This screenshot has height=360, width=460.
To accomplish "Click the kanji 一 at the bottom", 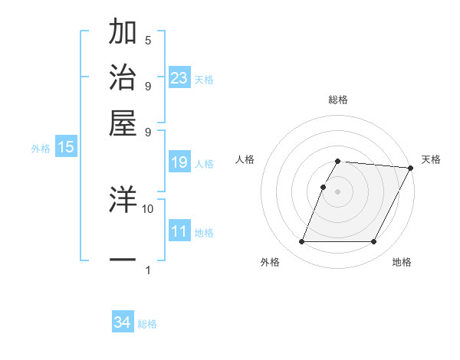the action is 123,260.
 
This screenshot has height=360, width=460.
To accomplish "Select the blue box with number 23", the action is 179,77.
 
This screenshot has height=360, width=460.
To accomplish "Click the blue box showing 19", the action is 179,162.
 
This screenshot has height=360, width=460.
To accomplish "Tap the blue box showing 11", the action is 179,231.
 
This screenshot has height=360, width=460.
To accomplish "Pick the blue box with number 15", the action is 66,147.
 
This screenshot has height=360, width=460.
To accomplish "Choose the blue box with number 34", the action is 123,322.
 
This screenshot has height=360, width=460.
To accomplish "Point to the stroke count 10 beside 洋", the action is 148,208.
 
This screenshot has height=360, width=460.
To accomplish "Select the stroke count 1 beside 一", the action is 148,270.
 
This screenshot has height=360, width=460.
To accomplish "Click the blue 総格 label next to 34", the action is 147,324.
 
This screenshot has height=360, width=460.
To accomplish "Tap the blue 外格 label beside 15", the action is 41,149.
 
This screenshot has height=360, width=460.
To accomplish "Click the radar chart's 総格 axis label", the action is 337,100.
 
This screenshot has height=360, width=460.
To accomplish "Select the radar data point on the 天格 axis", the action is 411,168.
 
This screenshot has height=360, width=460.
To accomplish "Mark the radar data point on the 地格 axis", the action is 374,242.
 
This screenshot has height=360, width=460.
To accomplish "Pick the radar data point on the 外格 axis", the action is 301,242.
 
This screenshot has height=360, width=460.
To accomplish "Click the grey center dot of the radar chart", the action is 337,191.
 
